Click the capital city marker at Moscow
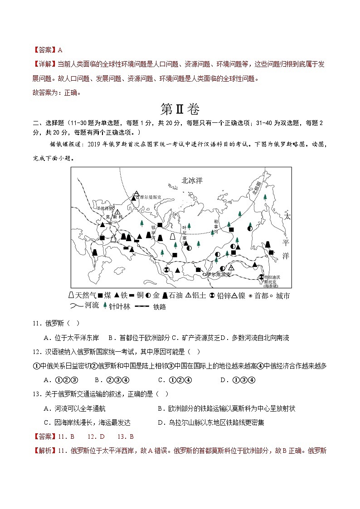[x=109, y=223]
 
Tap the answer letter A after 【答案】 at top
[x=60, y=50]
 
